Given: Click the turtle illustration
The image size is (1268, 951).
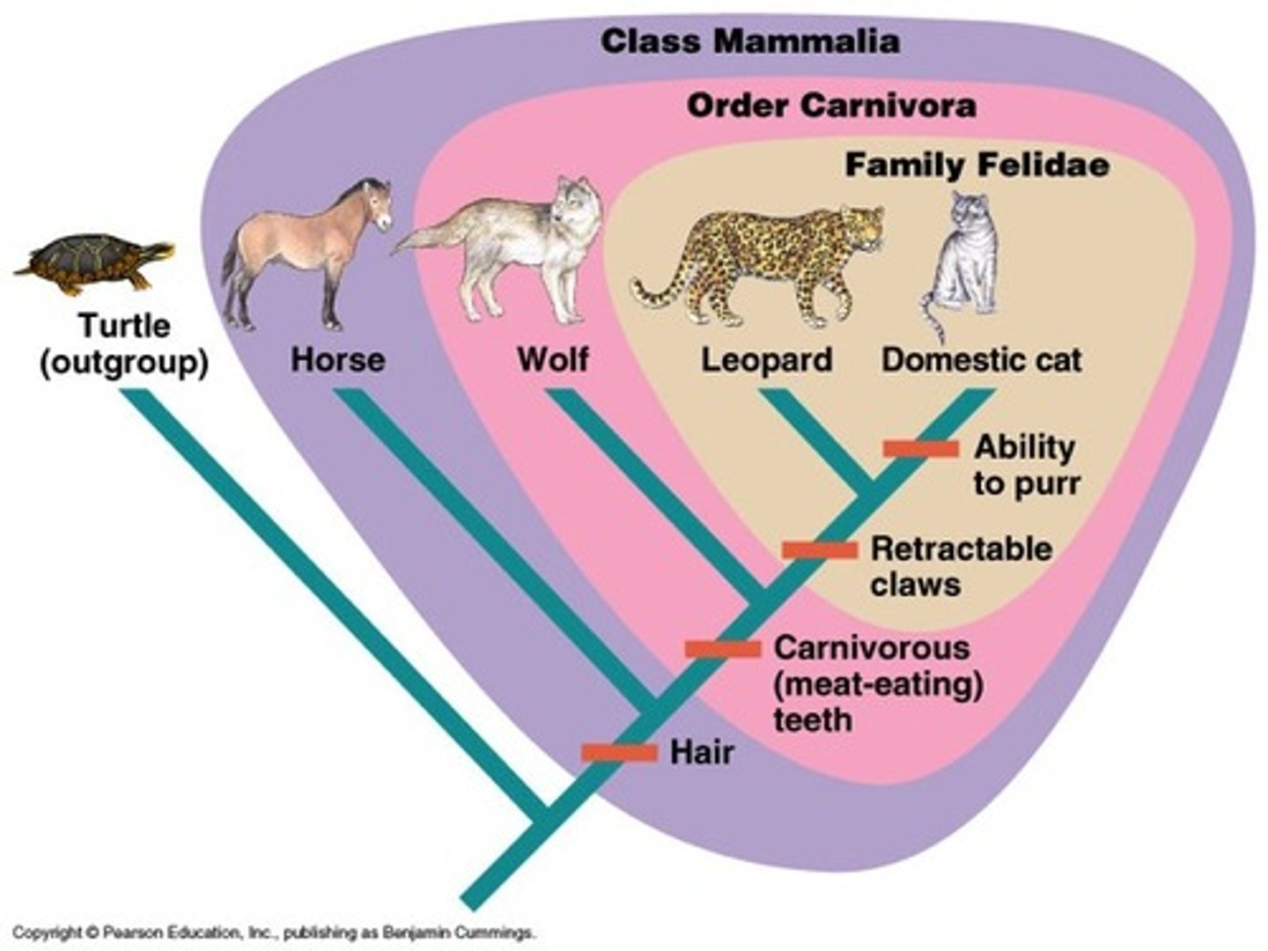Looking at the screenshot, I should tap(92, 262).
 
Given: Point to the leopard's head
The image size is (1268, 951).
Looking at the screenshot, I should tap(861, 225).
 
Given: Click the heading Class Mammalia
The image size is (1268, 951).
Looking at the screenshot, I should tap(749, 41).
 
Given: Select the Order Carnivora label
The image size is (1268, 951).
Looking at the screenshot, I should tap(830, 106).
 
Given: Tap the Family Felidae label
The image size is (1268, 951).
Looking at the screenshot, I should tap(977, 165).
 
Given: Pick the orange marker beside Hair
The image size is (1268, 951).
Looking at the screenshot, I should tap(619, 753).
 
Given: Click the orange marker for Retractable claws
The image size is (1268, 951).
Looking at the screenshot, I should tap(820, 550).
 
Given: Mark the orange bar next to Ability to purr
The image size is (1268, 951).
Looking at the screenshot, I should tap(921, 449).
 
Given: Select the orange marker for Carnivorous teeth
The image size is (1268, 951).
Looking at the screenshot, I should tap(723, 650).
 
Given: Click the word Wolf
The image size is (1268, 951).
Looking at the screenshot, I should tap(553, 359).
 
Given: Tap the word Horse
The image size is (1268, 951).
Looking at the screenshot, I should tap(338, 359).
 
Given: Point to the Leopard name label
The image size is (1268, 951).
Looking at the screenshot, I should tap(766, 359).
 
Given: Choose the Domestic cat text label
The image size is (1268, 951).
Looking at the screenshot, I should tap(981, 359).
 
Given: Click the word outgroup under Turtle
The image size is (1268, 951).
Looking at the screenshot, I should tap(124, 363).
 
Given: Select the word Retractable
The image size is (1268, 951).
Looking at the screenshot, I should tap(961, 549).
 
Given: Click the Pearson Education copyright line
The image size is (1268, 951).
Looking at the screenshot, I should tap(273, 933).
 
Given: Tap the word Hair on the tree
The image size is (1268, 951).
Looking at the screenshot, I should tap(702, 753).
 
